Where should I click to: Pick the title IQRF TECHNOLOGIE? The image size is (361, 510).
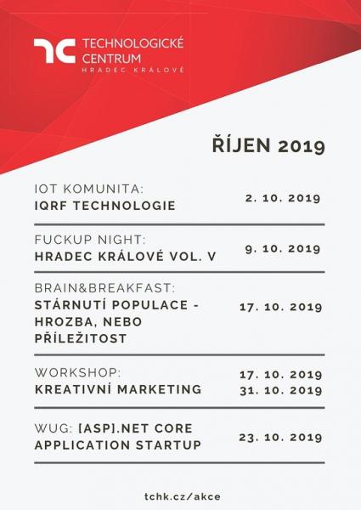[104, 206]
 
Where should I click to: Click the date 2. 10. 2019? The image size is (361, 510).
[282, 198]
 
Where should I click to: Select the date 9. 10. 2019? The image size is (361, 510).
[282, 248]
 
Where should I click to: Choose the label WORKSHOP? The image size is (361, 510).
[77, 372]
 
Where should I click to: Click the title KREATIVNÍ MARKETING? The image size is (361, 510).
[117, 389]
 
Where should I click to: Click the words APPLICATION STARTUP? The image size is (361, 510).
[117, 445]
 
